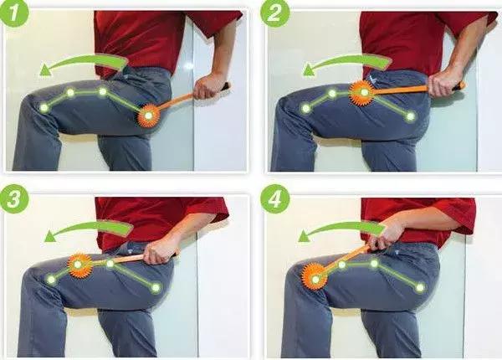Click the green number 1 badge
pyautogui.click(x=14, y=13)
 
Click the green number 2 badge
pyautogui.click(x=275, y=13)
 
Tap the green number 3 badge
pyautogui.click(x=14, y=199)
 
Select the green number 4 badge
pyautogui.click(x=275, y=199)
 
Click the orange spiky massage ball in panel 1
pyautogui.click(x=149, y=116)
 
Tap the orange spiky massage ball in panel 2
pyautogui.click(x=364, y=93)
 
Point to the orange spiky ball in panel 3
pyautogui.click(x=79, y=265)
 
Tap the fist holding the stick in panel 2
pyautogui.click(x=443, y=84)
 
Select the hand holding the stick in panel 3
pyautogui.click(x=159, y=252)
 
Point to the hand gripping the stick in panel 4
pyautogui.click(x=385, y=236)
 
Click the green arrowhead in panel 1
pyautogui.click(x=45, y=70)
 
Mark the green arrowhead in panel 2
pyautogui.click(x=308, y=70)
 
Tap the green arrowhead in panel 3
pyautogui.click(x=50, y=236)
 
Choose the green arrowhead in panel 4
pyautogui.click(x=305, y=237)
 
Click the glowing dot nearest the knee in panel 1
pyautogui.click(x=44, y=108)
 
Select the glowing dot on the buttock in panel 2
pyautogui.click(x=411, y=116)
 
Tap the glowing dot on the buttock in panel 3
pyautogui.click(x=156, y=287)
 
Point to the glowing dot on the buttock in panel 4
pyautogui.click(x=420, y=287)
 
